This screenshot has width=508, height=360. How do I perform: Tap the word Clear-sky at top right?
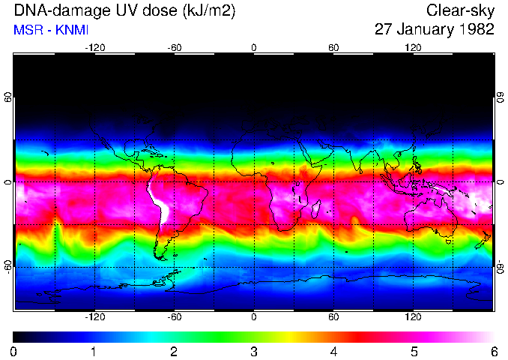pyautogui.click(x=460, y=10)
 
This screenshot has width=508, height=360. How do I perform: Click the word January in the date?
pyautogui.click(x=424, y=29)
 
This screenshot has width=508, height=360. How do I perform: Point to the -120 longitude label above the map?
pyautogui.click(x=94, y=47)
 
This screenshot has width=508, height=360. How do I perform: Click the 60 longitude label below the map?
pyautogui.click(x=333, y=316)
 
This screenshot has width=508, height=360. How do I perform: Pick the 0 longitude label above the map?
pyautogui.click(x=254, y=47)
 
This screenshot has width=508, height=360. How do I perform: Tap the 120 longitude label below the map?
pyautogui.click(x=413, y=316)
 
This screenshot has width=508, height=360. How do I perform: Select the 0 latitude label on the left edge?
pyautogui.click(x=8, y=182)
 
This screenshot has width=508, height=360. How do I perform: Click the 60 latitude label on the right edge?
pyautogui.click(x=500, y=97)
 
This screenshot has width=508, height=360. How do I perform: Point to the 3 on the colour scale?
pyautogui.click(x=253, y=351)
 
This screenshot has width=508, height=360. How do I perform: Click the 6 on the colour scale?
pyautogui.click(x=493, y=351)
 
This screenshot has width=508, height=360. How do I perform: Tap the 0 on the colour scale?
pyautogui.click(x=14, y=351)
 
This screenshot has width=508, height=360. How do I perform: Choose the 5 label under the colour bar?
pyautogui.click(x=413, y=351)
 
